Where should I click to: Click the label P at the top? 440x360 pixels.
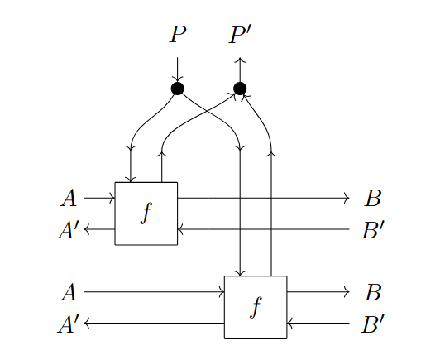click(x=177, y=35)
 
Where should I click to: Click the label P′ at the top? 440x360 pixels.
click(x=242, y=35)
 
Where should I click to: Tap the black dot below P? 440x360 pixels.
click(x=177, y=89)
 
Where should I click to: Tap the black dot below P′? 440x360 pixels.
click(x=240, y=89)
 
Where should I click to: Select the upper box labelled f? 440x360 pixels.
click(x=146, y=214)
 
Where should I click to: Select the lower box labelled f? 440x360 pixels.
click(x=256, y=307)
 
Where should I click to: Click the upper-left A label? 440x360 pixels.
click(x=69, y=199)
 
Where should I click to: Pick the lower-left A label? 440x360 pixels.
click(x=69, y=292)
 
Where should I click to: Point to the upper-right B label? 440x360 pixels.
click(x=373, y=199)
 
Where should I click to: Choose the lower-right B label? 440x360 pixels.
click(x=373, y=292)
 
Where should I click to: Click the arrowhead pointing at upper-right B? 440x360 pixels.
click(x=348, y=199)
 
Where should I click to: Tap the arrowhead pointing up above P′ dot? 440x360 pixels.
click(x=240, y=60)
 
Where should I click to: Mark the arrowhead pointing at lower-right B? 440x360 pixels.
click(x=348, y=292)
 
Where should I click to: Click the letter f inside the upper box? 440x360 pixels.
click(x=146, y=214)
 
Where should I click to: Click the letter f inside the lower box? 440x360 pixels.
click(x=256, y=307)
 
